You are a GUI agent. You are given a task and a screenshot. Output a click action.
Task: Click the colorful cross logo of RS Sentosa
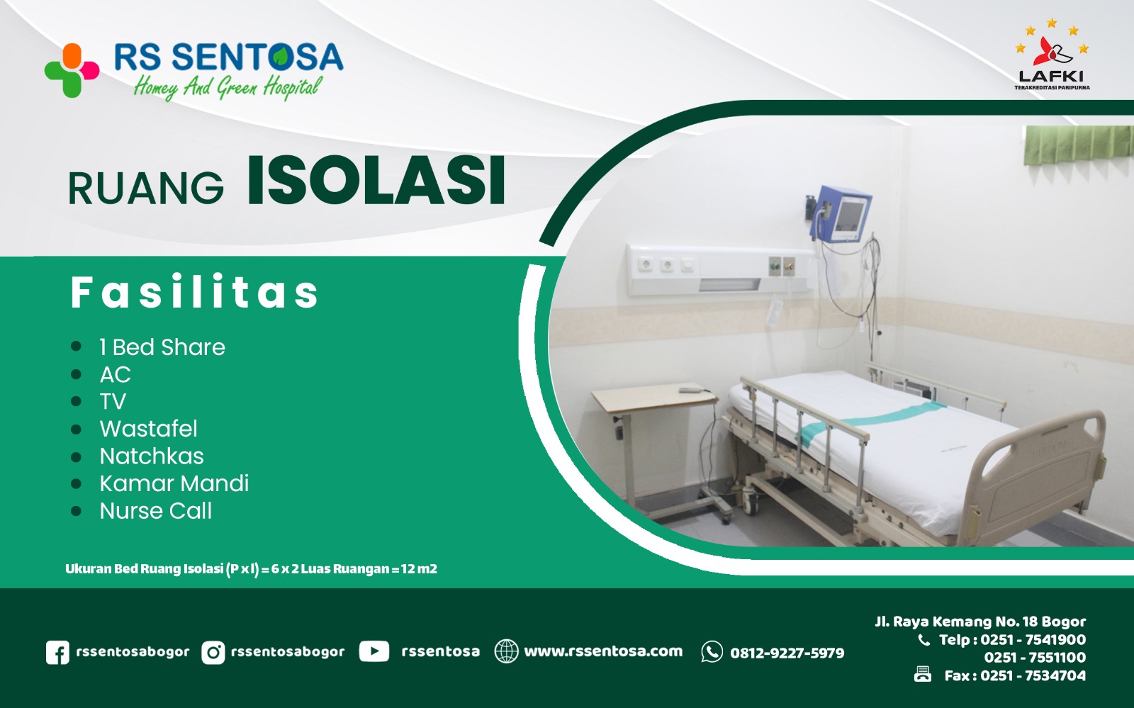pos(71,70)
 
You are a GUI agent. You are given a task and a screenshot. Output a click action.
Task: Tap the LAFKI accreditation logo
pos(1052,57)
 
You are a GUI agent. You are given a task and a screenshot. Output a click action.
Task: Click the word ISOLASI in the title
pos(376,181)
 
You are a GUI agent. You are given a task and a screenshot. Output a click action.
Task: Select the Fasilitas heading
pos(195,292)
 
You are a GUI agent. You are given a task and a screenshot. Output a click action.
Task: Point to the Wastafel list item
pos(148,429)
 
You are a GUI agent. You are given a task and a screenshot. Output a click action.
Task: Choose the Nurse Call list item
pos(156,511)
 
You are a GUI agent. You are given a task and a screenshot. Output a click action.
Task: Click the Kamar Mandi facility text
pos(174,483)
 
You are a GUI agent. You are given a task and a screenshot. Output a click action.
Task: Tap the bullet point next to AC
pos(77,374)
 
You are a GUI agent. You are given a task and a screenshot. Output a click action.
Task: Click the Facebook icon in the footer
pos(57,652)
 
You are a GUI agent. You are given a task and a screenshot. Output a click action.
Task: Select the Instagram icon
pos(213,652)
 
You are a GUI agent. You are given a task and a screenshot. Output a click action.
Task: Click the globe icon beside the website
pos(506,651)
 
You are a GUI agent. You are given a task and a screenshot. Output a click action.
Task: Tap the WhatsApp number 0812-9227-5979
pos(787,653)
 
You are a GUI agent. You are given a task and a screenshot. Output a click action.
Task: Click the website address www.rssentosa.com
pos(603,651)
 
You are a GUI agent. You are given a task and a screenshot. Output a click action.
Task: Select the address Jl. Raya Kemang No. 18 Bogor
pos(980,622)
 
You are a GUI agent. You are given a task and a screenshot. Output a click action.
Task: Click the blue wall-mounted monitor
pos(843,214)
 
